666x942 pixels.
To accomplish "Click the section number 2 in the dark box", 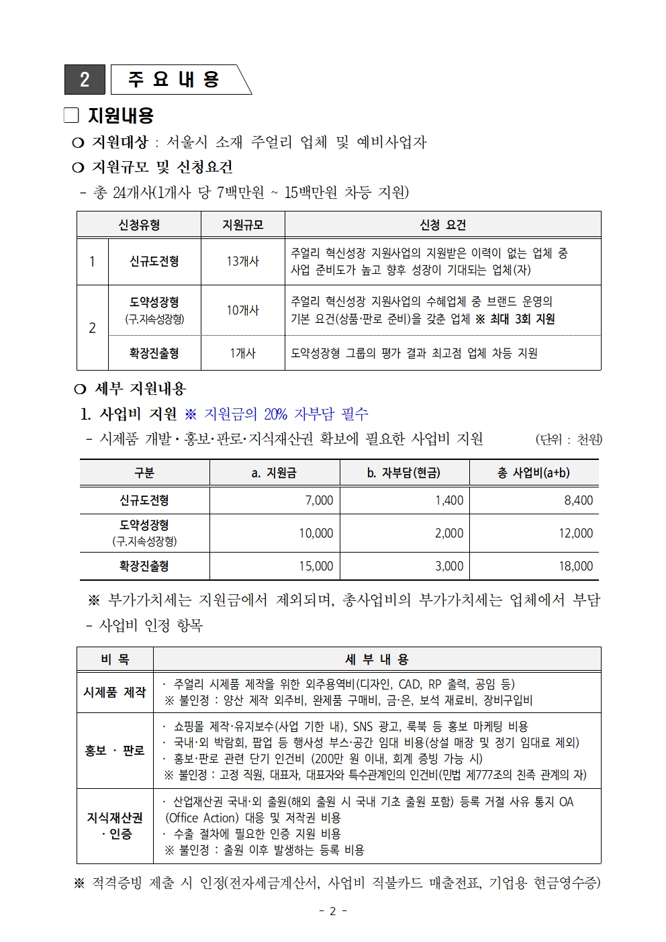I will point(85,80).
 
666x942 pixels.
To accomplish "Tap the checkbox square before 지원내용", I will point(71,115).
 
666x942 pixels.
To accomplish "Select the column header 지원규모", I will point(242,225).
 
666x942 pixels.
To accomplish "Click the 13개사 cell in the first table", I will point(242,261).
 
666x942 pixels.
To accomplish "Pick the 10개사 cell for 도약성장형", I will point(242,310).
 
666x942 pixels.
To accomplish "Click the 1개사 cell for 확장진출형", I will point(242,353).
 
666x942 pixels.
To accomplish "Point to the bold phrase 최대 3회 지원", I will point(522,319).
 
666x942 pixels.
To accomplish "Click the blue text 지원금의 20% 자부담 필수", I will point(285,414).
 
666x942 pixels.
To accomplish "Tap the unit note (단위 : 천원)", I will point(568,439).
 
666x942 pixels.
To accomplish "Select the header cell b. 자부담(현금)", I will point(403,473).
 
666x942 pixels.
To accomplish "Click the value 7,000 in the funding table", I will point(319,500).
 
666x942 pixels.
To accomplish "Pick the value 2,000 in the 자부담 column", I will point(448,533).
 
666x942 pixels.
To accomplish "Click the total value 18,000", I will point(575,566).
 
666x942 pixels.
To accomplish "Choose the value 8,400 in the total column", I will point(578,500).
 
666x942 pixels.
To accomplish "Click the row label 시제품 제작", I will point(115,692).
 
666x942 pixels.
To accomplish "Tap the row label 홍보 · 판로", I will point(115,751).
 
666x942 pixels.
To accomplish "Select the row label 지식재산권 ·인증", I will point(115,826).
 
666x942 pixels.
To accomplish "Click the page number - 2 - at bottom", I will point(332,911).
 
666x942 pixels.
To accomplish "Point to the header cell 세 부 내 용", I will point(377,659).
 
